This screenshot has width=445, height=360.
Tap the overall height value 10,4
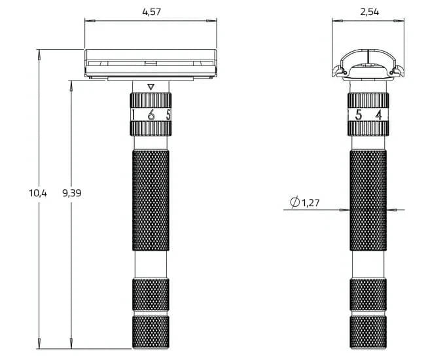(38, 193)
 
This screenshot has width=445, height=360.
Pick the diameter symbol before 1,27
(294, 204)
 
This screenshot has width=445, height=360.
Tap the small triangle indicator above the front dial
(151, 86)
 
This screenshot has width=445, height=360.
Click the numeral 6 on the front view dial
(151, 115)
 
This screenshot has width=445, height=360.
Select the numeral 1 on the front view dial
(133, 115)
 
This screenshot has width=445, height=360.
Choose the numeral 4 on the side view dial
(378, 115)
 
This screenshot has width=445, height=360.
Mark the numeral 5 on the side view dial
(358, 115)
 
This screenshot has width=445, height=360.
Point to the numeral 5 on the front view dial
(168, 115)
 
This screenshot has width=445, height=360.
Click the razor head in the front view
(151, 63)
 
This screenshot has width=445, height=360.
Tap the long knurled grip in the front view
(151, 200)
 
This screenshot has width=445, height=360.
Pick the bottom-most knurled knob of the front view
(151, 332)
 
